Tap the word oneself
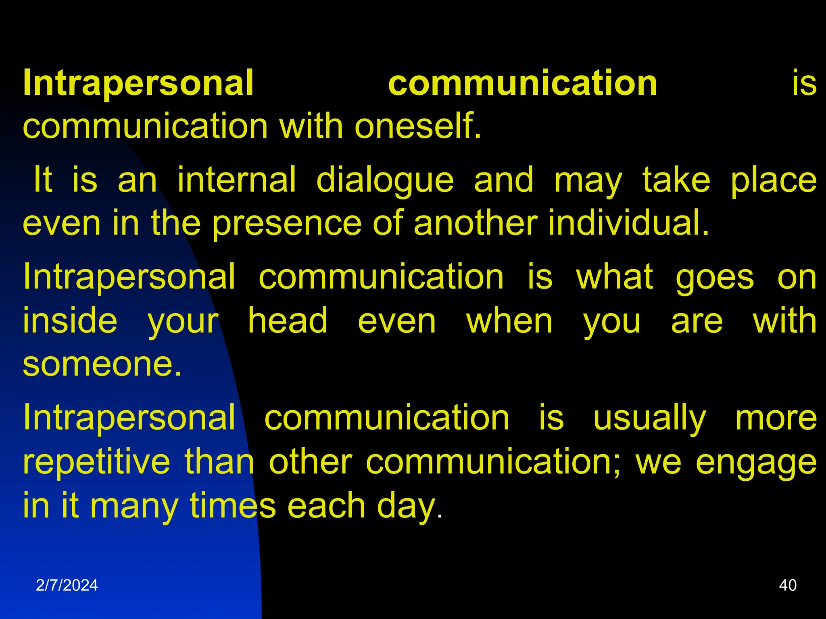click(x=418, y=126)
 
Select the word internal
click(x=237, y=180)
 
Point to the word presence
click(x=287, y=224)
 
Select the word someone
click(x=102, y=364)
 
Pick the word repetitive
click(x=96, y=463)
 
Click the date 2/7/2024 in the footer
click(x=67, y=585)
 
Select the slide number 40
click(x=788, y=585)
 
